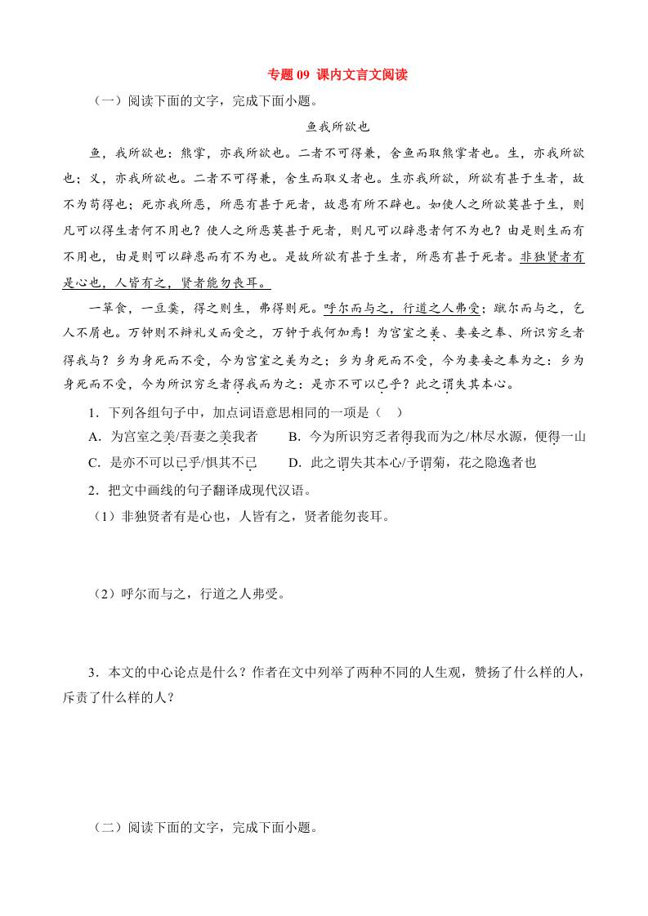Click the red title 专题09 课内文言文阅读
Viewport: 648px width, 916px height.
point(337,75)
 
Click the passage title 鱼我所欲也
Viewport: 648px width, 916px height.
point(337,127)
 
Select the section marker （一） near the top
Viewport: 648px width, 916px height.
point(108,101)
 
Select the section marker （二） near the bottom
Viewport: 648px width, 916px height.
point(108,827)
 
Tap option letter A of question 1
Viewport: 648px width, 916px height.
point(94,437)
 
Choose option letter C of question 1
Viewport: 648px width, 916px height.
point(94,463)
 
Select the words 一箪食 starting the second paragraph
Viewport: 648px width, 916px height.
point(109,309)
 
